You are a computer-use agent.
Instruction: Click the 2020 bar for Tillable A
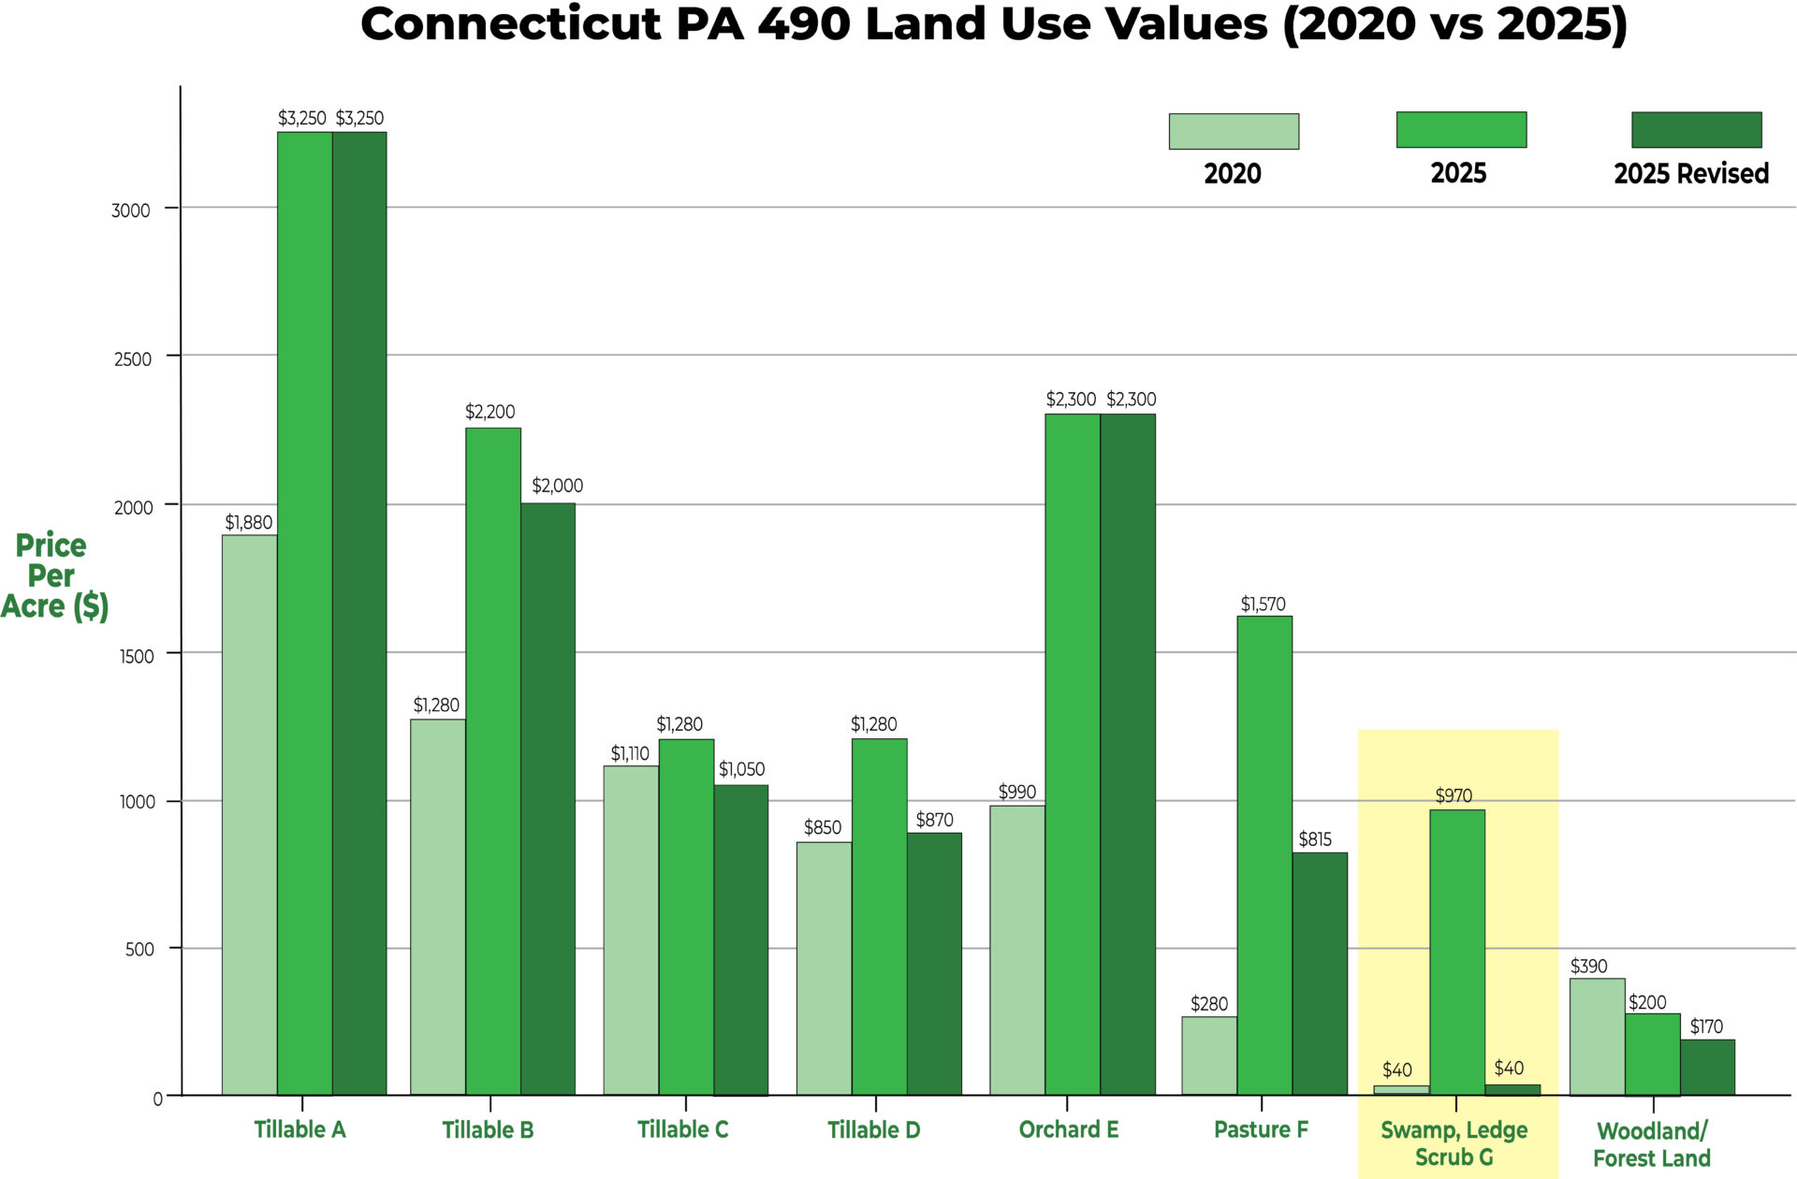(x=249, y=814)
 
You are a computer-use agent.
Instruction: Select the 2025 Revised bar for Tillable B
(x=548, y=799)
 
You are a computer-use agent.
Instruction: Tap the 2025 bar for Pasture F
(x=1264, y=855)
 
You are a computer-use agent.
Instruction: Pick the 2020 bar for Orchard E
(x=1017, y=950)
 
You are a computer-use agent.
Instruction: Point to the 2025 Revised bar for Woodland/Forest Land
(x=1707, y=1067)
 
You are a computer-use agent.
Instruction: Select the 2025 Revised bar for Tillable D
(x=934, y=964)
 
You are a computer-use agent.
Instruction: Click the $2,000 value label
(x=557, y=486)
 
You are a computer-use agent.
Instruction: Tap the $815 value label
(x=1315, y=839)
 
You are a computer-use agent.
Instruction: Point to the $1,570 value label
(x=1263, y=604)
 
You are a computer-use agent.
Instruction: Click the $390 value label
(x=1588, y=967)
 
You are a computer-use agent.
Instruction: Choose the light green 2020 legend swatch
(x=1234, y=131)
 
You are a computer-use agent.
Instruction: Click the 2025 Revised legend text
(x=1691, y=174)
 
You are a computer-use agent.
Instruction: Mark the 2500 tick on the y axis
(x=132, y=359)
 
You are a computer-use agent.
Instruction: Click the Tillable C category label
(x=682, y=1130)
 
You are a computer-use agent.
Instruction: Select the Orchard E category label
(x=1068, y=1130)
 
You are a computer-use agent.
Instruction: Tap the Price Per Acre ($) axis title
(x=53, y=575)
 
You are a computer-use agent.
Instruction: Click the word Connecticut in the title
(x=510, y=24)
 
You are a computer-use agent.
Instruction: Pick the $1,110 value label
(x=630, y=754)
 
